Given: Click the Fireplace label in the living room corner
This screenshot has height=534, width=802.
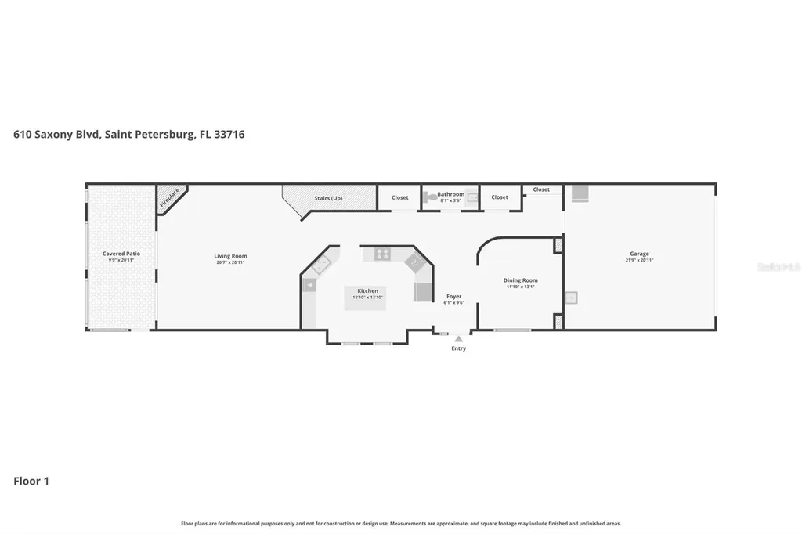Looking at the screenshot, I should point(169,197).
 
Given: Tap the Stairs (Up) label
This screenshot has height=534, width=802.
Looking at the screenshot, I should point(327,198).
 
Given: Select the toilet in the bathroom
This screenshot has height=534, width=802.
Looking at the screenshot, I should point(430,198).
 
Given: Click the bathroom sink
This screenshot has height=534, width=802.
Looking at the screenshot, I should point(472,198).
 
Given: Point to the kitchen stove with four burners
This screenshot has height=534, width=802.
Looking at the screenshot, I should point(382,254).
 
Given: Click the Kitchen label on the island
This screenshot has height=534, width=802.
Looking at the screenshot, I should point(367,291).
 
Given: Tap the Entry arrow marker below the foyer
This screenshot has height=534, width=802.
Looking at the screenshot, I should point(458,340).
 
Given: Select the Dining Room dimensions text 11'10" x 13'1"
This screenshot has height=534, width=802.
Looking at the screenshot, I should point(520,287).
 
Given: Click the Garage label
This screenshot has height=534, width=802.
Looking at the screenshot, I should point(639,254).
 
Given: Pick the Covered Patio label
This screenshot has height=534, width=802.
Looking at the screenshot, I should point(121,254).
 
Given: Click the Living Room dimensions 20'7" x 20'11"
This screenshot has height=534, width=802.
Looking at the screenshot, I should point(231,262).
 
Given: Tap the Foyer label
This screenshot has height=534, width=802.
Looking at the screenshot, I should point(454,297).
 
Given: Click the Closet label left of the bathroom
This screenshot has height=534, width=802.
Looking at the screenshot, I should point(400,197).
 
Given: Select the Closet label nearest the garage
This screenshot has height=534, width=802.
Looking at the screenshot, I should point(541,189).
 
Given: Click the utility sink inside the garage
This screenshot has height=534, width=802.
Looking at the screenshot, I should point(571,298).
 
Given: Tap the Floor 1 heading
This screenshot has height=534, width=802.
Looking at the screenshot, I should point(31,481).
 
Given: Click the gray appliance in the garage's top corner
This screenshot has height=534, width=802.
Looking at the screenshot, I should point(580,193).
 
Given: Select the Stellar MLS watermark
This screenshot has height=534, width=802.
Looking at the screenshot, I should point(779,267).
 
